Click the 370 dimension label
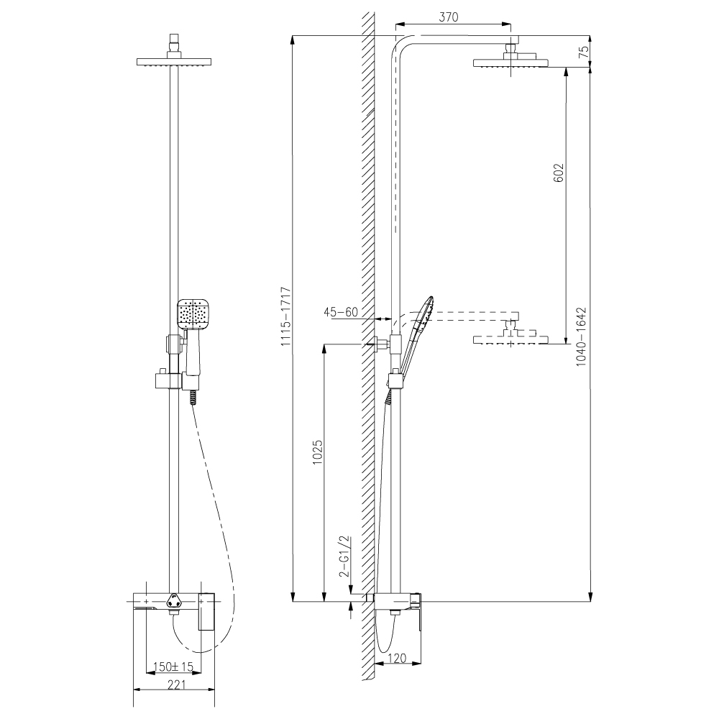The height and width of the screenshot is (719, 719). coord(449,17)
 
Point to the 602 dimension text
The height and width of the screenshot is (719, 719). coord(558,173)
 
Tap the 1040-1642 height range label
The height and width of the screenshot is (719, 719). coord(582,336)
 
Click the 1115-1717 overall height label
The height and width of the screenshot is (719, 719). coord(287,316)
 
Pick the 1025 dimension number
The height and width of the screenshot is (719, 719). coord(318,452)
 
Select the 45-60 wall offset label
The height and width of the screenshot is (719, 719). coord(341,312)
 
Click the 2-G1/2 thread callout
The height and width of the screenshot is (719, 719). coord(344,556)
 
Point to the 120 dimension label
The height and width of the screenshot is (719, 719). coord(396,658)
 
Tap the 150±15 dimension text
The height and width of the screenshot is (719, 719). coord(173,667)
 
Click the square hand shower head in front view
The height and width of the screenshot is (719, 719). coord(193,314)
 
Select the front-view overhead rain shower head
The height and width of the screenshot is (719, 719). coord(174,62)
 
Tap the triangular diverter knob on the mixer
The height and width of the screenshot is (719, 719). coord(174,599)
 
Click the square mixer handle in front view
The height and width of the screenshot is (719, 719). coord(206,610)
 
